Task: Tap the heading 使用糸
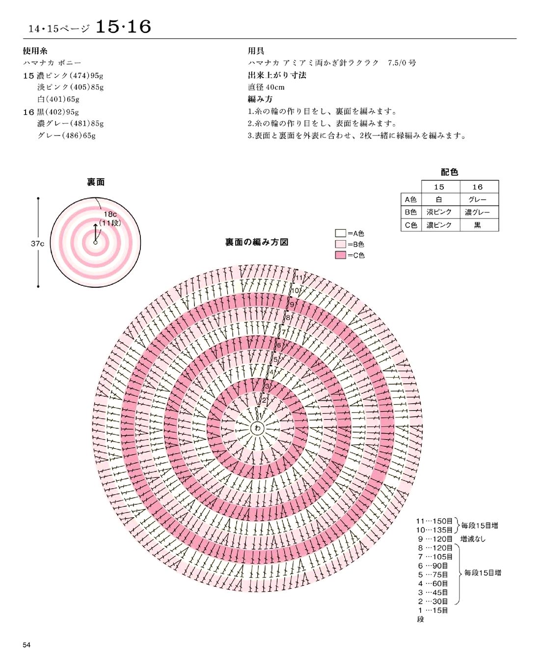click(35, 51)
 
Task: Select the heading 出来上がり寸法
click(277, 75)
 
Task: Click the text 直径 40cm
click(266, 87)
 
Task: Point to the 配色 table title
click(450, 172)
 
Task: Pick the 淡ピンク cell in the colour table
click(439, 212)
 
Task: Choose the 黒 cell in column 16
click(478, 225)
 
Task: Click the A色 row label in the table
click(410, 199)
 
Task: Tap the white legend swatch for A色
click(340, 233)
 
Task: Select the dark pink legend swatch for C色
click(340, 255)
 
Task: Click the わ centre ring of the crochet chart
click(258, 428)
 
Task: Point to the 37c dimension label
click(37, 244)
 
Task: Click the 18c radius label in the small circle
click(110, 214)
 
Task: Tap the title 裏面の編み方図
click(257, 242)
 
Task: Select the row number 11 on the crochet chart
click(299, 277)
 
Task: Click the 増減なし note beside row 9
click(473, 539)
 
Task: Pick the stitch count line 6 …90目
click(433, 566)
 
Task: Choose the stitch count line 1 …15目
click(433, 610)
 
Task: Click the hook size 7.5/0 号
click(402, 63)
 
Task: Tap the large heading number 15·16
click(123, 27)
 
